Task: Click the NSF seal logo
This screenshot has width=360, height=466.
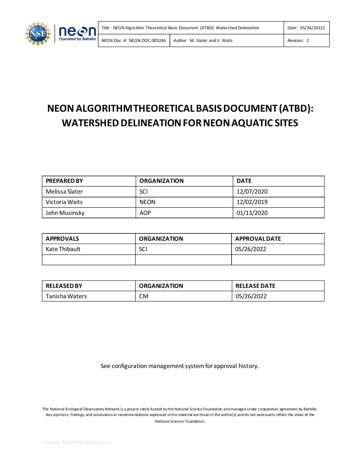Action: click(x=38, y=34)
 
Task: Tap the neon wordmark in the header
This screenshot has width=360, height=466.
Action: click(x=77, y=32)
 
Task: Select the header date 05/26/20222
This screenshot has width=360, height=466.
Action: click(x=312, y=28)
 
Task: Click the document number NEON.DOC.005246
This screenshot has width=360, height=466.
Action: click(x=147, y=41)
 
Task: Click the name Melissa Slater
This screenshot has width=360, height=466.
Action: click(x=64, y=192)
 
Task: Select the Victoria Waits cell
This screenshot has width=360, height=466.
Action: click(x=64, y=202)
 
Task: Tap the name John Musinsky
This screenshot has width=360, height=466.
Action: click(x=65, y=213)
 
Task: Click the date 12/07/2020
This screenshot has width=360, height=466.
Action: click(x=252, y=192)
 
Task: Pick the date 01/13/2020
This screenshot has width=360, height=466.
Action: click(x=252, y=213)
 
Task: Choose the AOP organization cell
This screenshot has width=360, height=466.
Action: click(x=145, y=213)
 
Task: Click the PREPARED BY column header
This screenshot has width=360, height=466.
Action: click(x=64, y=181)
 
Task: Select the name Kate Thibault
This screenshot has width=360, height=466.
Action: click(x=63, y=249)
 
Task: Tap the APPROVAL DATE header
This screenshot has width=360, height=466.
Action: click(x=258, y=238)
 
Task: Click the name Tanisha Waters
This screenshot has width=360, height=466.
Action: click(x=66, y=296)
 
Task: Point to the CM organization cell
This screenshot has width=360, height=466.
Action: click(x=144, y=296)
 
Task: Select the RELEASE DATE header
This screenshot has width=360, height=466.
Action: click(x=255, y=286)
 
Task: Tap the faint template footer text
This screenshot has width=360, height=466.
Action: click(x=77, y=442)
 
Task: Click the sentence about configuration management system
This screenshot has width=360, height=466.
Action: click(x=180, y=366)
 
